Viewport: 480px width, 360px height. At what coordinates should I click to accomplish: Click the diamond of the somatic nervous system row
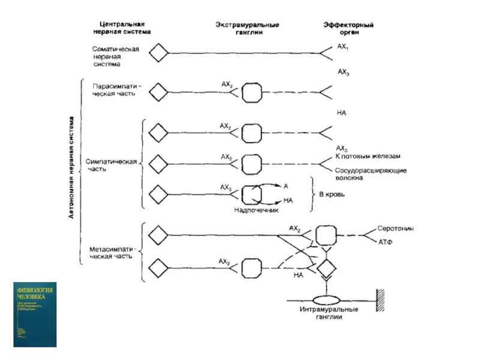click(x=158, y=53)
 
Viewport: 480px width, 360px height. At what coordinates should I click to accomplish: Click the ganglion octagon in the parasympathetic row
click(x=251, y=92)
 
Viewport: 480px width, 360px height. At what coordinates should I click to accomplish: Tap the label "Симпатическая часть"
click(x=112, y=165)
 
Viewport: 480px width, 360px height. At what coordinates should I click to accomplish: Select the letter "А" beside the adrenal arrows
click(x=286, y=186)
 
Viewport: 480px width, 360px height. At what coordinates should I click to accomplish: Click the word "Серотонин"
click(x=395, y=229)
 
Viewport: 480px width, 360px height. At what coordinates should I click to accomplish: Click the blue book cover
click(x=36, y=314)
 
